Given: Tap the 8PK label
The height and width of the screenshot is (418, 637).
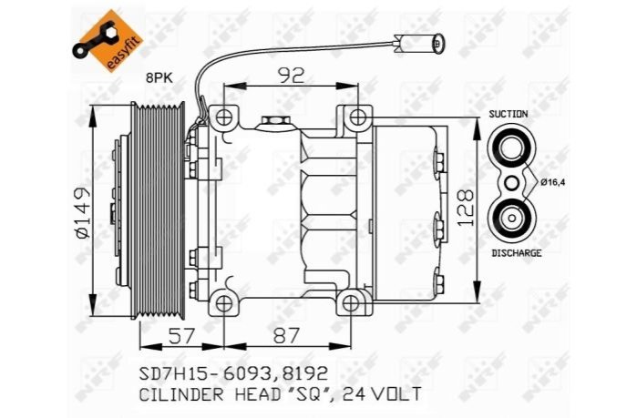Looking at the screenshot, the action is [159, 78].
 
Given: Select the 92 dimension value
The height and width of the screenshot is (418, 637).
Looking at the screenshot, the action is [291, 76].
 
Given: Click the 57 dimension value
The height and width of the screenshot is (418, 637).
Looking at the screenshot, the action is [181, 336].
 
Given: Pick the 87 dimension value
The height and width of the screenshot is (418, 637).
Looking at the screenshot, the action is [286, 336].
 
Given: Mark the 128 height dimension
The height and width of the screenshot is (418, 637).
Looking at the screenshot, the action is [465, 207].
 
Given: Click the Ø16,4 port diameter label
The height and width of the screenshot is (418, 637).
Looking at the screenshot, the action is [553, 181].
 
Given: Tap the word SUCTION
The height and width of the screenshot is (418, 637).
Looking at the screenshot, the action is [509, 114].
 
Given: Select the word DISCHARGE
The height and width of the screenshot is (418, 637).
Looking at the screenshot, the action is [517, 253].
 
